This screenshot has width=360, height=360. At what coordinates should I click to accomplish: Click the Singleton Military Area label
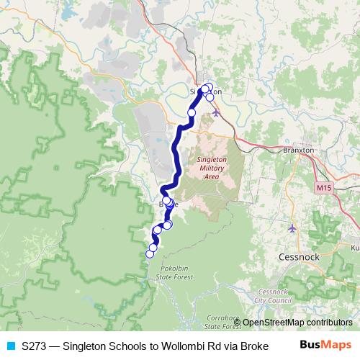pos(212,167)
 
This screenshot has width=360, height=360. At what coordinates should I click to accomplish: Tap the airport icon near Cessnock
pos(292,229)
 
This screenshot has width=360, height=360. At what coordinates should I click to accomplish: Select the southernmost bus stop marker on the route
pos(150,253)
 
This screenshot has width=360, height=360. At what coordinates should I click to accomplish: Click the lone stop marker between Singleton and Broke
pos(192,113)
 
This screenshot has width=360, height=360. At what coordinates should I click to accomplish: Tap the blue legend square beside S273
pos(10,346)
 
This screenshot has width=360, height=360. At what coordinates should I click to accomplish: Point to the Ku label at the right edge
pos(354,248)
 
